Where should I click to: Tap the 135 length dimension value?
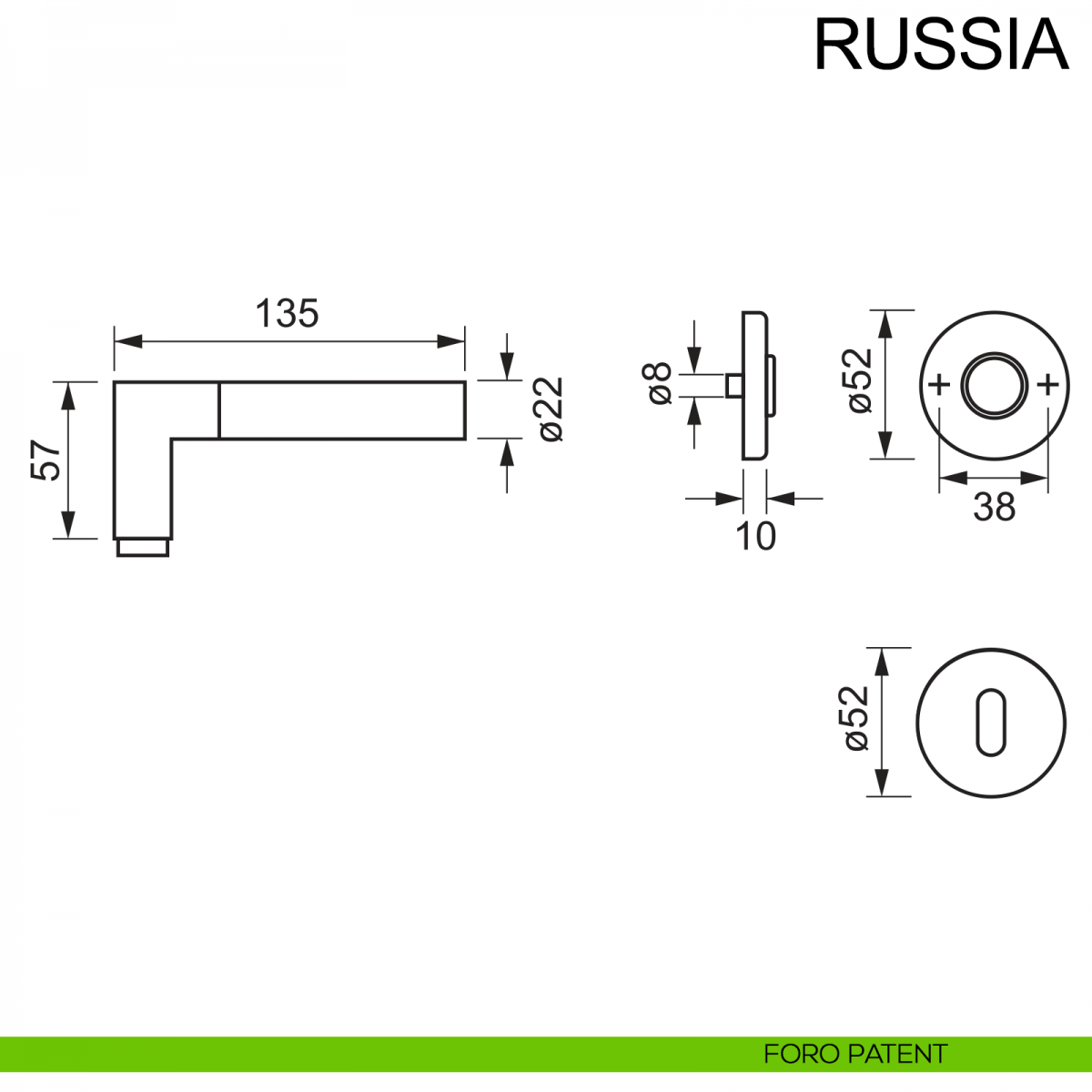pyautogui.click(x=287, y=314)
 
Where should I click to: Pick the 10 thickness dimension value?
pyautogui.click(x=755, y=537)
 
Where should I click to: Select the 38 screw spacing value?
pyautogui.click(x=994, y=507)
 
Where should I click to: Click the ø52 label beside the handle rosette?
pyautogui.click(x=859, y=381)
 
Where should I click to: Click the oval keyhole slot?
pyautogui.click(x=991, y=723)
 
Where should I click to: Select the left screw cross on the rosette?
pyautogui.click(x=939, y=385)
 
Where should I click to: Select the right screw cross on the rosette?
pyautogui.click(x=1048, y=385)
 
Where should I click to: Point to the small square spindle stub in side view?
pyautogui.click(x=733, y=385)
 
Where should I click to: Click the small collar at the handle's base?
pyautogui.click(x=143, y=547)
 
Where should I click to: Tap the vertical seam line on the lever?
pyautogui.click(x=219, y=410)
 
